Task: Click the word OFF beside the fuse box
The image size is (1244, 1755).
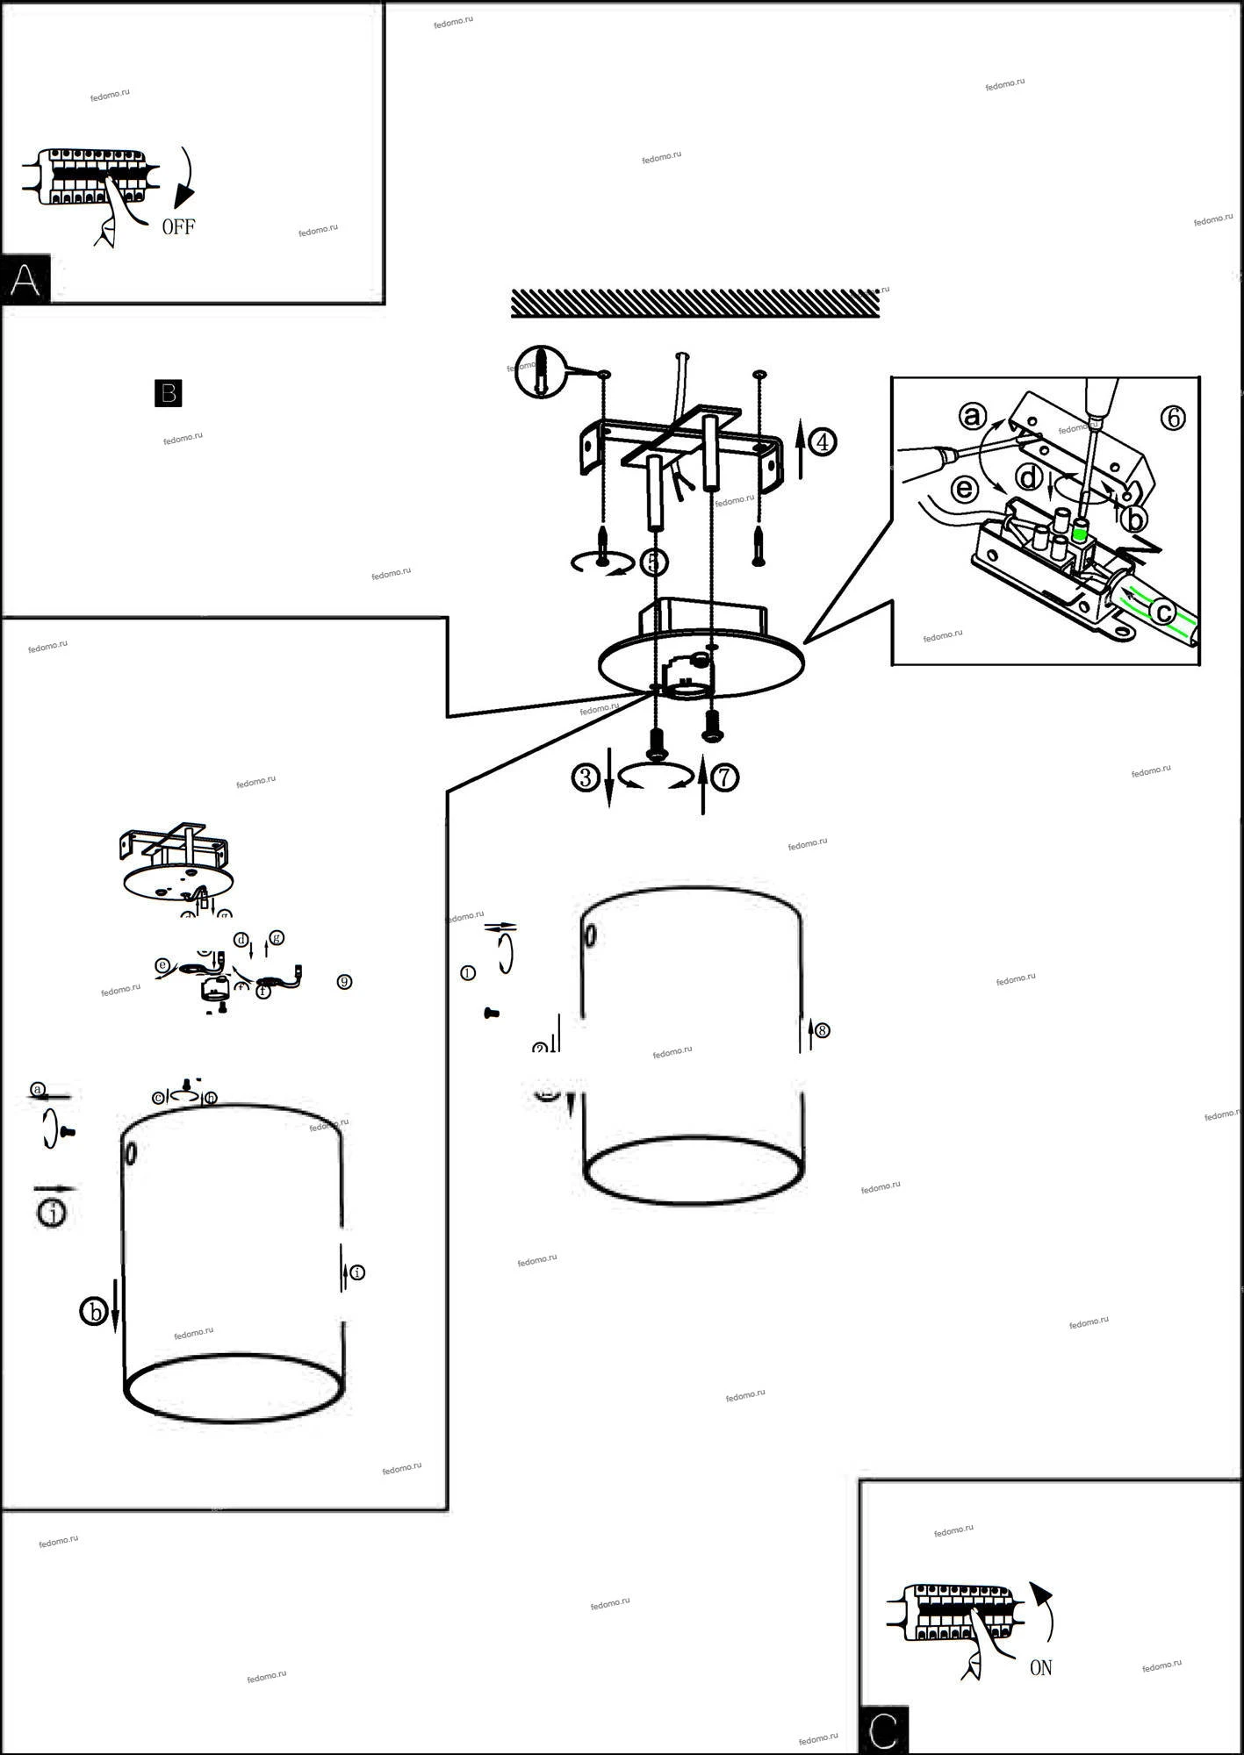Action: coord(178,227)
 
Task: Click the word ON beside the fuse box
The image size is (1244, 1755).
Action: coord(1040,1667)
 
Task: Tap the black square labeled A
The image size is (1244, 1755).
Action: coord(25,280)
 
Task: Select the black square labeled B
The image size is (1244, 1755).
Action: coord(168,393)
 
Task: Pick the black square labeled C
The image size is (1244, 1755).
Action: coord(883,1730)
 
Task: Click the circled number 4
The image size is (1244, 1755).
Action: coord(823,441)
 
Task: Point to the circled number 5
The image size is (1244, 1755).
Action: coord(654,562)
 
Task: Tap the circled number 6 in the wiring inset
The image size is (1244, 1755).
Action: coord(1173,419)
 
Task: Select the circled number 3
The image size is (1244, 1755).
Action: coord(586,777)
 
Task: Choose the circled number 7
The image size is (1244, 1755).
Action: coord(724,777)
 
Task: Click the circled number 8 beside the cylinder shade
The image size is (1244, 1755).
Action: coord(822,1030)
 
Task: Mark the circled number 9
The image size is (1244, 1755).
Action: coord(344,982)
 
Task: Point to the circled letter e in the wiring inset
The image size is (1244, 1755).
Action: coord(964,488)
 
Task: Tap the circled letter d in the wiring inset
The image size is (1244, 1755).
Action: coord(1027,478)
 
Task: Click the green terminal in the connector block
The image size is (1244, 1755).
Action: coord(1081,531)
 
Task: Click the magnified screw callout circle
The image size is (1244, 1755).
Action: coord(540,371)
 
